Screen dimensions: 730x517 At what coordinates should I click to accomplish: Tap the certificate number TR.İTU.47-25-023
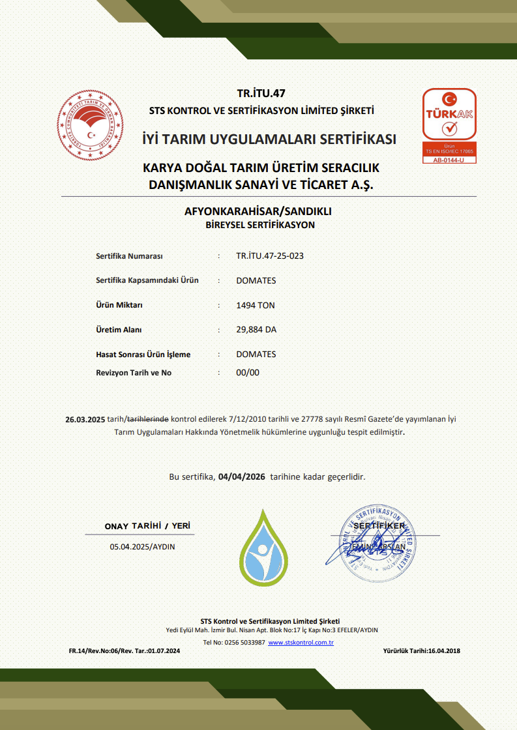click(269, 255)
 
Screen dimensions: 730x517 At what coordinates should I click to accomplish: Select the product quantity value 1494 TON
click(256, 305)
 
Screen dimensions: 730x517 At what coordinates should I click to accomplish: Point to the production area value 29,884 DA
click(256, 330)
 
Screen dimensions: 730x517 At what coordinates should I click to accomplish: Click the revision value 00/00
click(248, 373)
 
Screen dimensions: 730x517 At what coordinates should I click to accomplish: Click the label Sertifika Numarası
click(129, 255)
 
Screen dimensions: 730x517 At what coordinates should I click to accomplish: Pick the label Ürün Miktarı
click(119, 305)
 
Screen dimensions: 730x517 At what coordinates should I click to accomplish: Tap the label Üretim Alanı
click(119, 330)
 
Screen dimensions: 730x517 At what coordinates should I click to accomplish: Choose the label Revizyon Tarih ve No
click(134, 373)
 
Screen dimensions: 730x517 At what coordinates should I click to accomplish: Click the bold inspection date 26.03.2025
click(85, 419)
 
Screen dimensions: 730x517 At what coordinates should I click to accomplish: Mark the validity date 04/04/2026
click(242, 476)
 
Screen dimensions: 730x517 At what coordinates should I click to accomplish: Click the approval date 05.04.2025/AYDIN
click(142, 547)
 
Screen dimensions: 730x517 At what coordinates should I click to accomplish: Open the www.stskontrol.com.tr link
click(301, 643)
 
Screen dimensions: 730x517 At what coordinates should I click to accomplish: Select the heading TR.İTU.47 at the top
click(261, 94)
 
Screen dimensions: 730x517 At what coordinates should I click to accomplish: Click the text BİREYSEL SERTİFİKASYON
click(260, 225)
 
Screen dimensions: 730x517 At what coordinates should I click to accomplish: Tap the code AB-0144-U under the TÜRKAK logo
click(449, 160)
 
